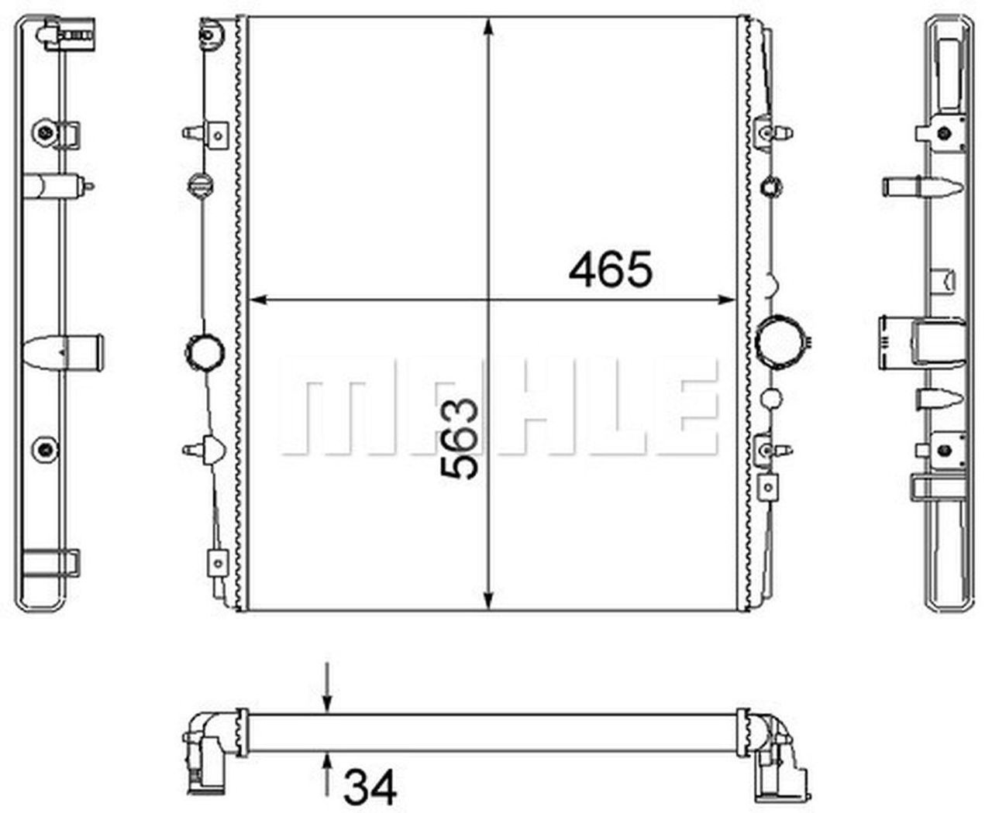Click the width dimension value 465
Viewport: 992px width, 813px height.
[611, 270]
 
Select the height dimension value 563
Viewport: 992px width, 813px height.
[459, 438]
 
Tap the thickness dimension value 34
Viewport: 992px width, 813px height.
[370, 787]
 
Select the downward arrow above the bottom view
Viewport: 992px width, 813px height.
[328, 700]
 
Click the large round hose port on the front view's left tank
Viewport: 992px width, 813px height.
[205, 351]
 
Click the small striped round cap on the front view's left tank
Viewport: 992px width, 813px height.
[198, 185]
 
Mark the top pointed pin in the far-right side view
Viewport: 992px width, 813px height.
[922, 187]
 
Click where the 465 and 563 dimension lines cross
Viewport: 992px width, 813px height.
[488, 299]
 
